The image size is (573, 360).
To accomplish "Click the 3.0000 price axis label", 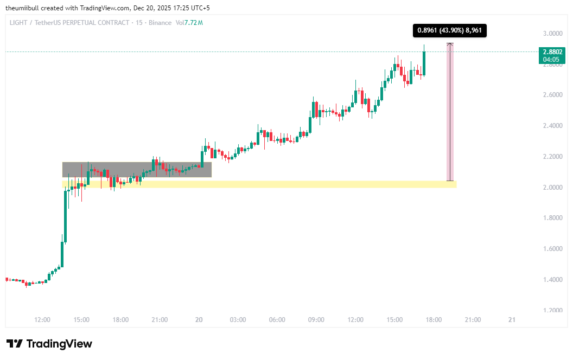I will click(x=552, y=33).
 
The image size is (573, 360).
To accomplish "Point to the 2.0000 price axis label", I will click(x=552, y=187).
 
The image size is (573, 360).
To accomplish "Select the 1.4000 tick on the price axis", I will click(x=552, y=280).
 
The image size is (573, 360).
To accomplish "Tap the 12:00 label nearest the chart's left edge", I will click(x=42, y=320).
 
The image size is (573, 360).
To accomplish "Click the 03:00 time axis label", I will click(x=238, y=320).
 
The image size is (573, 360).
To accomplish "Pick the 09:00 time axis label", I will click(x=316, y=320).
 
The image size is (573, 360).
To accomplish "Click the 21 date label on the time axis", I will click(x=511, y=320).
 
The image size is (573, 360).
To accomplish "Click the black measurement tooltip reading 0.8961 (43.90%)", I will click(x=449, y=31).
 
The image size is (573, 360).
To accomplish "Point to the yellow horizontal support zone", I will click(x=326, y=184).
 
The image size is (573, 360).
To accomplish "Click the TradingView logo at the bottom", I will click(x=49, y=344).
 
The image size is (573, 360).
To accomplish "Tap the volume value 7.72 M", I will click(x=193, y=23).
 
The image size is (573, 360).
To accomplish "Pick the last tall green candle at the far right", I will click(x=424, y=63).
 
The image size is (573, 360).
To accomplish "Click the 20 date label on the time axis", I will click(x=199, y=320).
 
